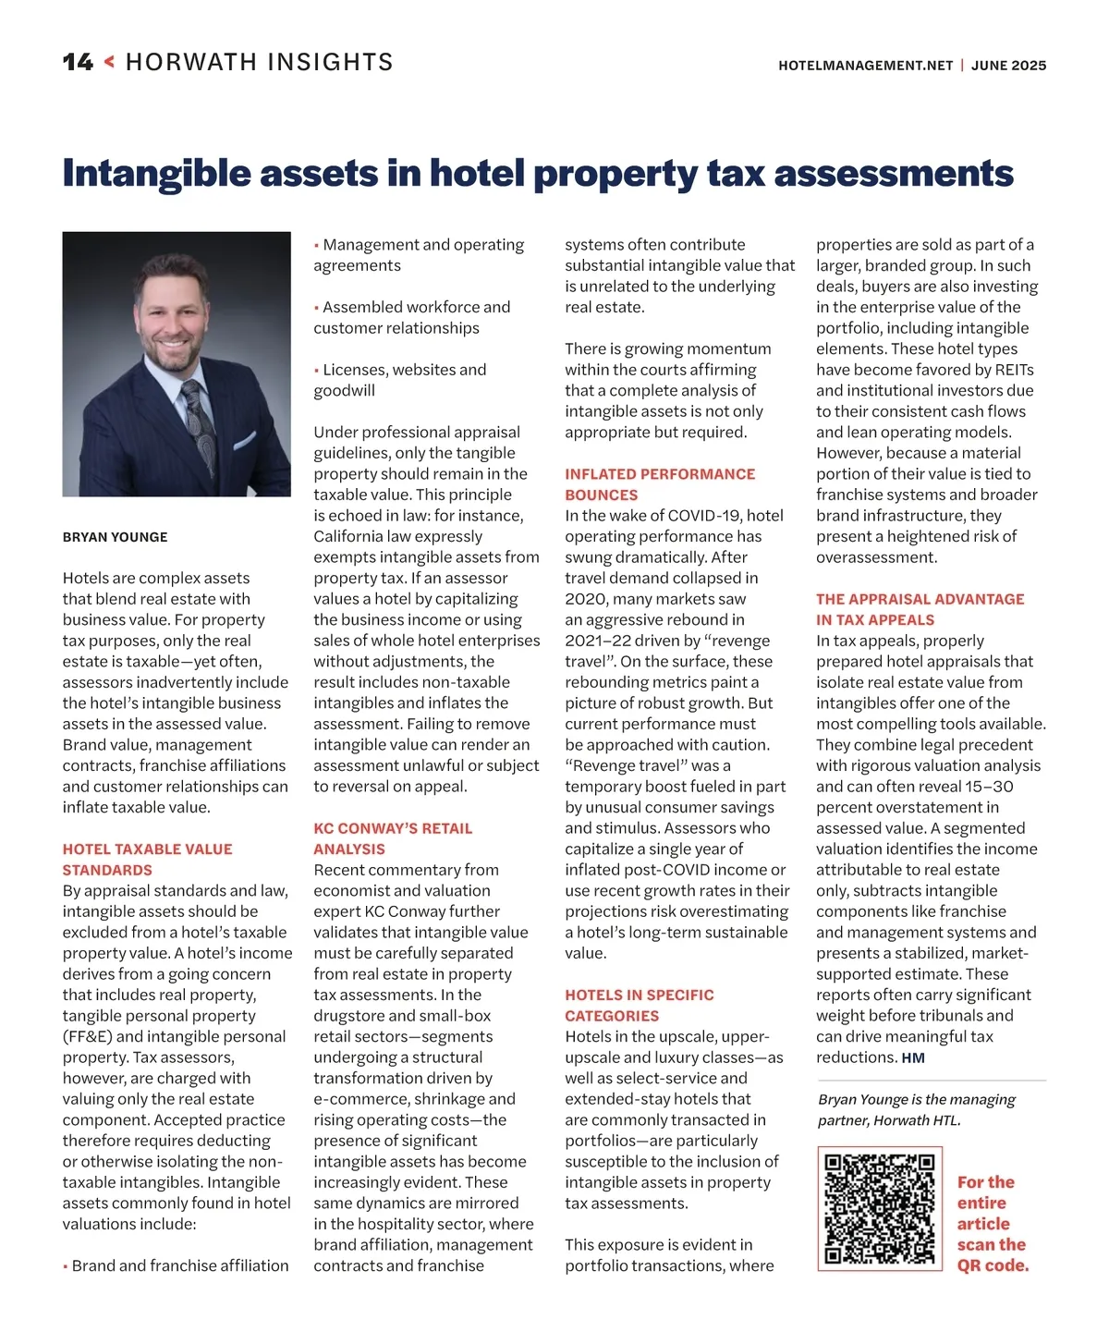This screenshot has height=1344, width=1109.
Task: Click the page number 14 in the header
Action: click(x=78, y=62)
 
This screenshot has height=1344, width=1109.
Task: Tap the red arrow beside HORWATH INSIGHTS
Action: click(x=109, y=62)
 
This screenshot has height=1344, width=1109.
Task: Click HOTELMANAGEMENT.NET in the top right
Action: click(x=865, y=66)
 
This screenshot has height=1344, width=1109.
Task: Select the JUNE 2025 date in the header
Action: click(x=1008, y=66)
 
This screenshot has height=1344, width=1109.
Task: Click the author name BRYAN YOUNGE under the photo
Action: click(x=115, y=537)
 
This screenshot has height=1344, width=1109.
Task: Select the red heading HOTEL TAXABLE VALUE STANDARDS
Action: click(x=147, y=860)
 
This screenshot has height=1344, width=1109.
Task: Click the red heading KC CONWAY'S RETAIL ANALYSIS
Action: click(x=392, y=838)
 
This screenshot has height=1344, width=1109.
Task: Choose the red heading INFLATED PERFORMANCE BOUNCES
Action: click(x=659, y=484)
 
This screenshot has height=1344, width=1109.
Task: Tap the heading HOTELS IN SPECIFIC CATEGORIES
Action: click(x=639, y=1005)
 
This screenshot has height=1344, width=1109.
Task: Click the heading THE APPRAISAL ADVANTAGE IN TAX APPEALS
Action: click(x=920, y=609)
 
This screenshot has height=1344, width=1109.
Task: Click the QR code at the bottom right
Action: click(x=879, y=1208)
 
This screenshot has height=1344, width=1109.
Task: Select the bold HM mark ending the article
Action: click(x=913, y=1058)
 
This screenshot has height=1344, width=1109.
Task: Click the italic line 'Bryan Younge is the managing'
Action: click(x=916, y=1099)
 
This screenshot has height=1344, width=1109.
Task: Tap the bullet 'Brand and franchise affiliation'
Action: click(x=179, y=1265)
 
